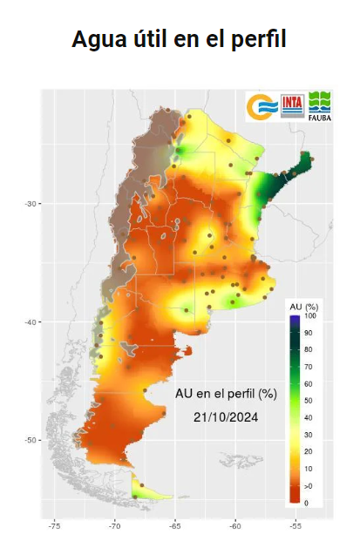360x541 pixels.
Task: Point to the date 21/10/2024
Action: [226, 417]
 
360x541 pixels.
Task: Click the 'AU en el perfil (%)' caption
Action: [226, 394]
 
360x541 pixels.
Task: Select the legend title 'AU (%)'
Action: [302, 308]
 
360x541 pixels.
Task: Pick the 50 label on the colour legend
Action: [308, 401]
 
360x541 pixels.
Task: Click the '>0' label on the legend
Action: [308, 484]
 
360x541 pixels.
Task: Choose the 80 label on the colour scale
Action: [308, 349]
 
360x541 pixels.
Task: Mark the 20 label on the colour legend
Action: [308, 451]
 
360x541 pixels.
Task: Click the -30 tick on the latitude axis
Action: [31, 204]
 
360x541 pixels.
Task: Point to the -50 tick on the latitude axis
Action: [31, 440]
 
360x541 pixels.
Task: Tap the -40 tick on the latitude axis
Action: [31, 322]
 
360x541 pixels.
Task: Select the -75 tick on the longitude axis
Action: [54, 526]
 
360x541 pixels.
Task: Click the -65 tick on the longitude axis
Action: [175, 526]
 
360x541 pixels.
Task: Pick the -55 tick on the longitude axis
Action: [295, 526]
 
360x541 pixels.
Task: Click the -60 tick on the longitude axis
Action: [235, 526]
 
